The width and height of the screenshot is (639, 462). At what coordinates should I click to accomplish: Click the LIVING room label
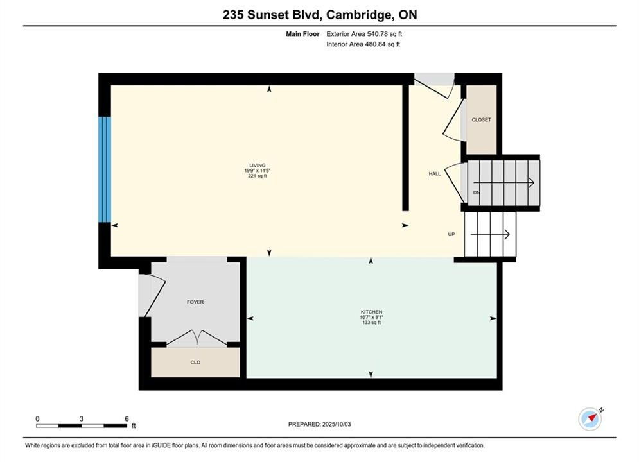coord(258,166)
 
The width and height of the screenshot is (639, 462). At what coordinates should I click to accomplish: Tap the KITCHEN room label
coord(371,312)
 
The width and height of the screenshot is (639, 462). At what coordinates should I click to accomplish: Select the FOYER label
coord(195,302)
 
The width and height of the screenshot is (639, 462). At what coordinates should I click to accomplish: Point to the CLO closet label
coord(195,363)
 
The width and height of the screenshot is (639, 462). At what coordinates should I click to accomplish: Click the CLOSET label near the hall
coord(481,120)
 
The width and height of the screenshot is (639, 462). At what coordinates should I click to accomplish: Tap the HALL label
coord(434,173)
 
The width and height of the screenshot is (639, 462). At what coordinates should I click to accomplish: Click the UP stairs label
coord(451,234)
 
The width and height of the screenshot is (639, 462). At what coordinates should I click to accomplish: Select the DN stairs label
coord(476,193)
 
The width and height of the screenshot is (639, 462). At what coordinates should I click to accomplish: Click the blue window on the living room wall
coord(105,170)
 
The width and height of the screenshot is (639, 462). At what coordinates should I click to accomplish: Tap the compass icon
coord(590,418)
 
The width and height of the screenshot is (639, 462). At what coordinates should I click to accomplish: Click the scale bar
coord(82,426)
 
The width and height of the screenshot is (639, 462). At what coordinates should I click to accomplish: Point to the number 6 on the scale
coord(127,418)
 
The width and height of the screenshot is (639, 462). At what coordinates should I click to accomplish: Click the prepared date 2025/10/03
coord(337,424)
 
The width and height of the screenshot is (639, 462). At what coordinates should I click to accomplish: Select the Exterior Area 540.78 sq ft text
coord(364,34)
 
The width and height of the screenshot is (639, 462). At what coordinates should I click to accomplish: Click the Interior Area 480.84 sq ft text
coord(363,44)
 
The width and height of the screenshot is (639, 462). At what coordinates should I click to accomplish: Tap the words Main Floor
coord(302,34)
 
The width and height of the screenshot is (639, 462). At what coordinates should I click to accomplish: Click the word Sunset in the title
coord(268,15)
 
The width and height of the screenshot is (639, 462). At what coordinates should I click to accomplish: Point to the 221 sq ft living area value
coord(258,176)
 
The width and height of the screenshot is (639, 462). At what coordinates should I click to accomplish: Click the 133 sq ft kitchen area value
coord(371,322)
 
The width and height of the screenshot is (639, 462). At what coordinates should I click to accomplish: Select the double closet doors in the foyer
coord(197,338)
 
